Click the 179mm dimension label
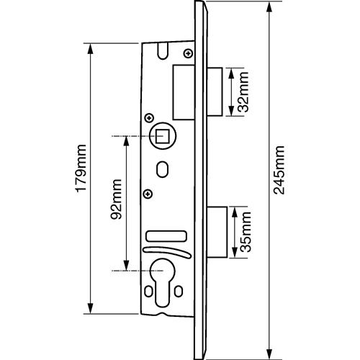[x=81, y=168]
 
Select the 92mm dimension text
[x=116, y=199]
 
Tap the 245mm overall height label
[x=279, y=170]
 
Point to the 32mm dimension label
[x=243, y=92]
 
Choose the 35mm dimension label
[x=246, y=232]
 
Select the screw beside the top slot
[x=189, y=53]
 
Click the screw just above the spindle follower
[x=150, y=118]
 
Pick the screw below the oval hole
[x=148, y=193]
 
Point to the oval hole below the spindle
[x=162, y=169]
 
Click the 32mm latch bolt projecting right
[x=215, y=92]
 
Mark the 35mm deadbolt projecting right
[x=217, y=232]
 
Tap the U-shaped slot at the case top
[x=162, y=51]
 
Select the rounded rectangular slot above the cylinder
[x=166, y=235]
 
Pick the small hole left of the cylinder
[x=148, y=291]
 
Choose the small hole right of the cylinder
[x=179, y=291]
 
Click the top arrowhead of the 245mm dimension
[x=269, y=8]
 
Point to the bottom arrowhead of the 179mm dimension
[x=90, y=307]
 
